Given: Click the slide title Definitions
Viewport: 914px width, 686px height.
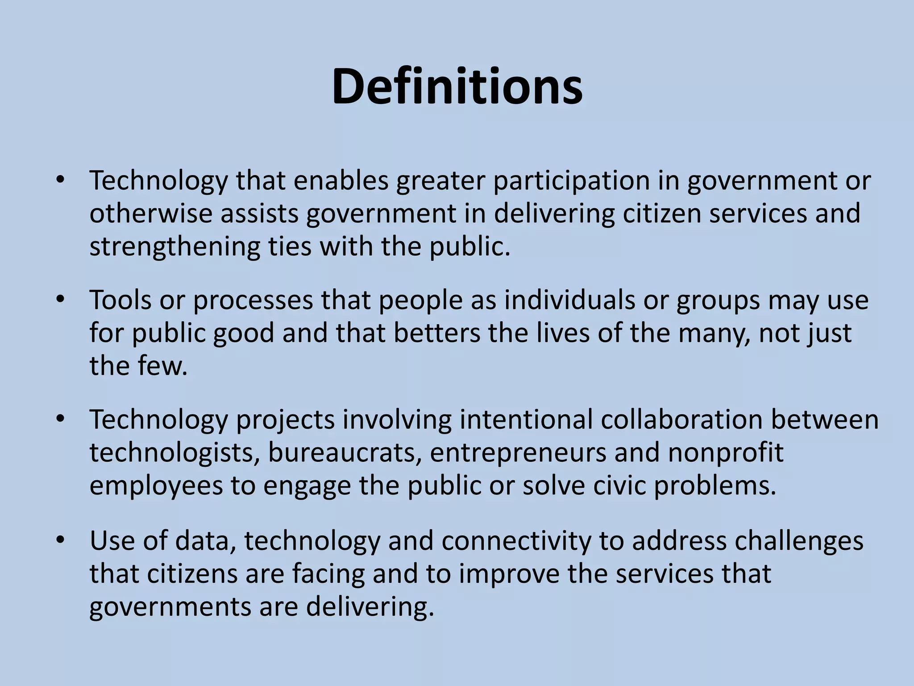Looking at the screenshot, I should pos(457,87).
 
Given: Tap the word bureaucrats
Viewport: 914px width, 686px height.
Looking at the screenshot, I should pos(345,453).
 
